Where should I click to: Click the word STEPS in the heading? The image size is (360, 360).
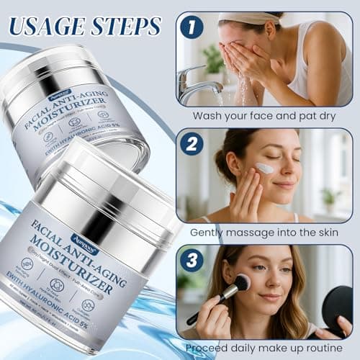pyautogui.click(x=129, y=27)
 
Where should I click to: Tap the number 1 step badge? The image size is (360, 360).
pyautogui.click(x=189, y=27)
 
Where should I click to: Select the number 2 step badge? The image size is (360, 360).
pyautogui.click(x=191, y=145)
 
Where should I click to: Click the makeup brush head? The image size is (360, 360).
pyautogui.click(x=241, y=283)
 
